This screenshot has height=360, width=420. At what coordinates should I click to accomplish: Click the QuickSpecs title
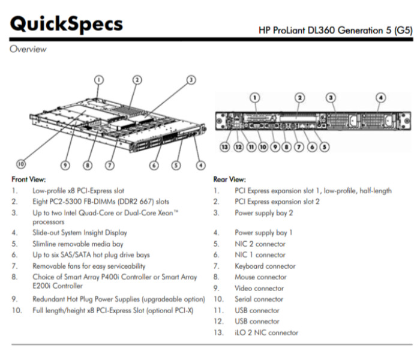[x=67, y=24]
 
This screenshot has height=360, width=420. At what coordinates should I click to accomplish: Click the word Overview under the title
[x=28, y=49]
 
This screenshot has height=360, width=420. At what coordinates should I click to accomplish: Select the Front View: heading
[x=29, y=179]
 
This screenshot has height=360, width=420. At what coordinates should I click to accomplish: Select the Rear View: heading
[x=229, y=179]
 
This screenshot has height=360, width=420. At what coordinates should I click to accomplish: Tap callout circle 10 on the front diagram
[x=22, y=162]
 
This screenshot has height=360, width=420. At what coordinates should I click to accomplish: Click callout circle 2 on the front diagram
[x=137, y=80]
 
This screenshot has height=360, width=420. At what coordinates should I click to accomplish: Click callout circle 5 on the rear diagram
[x=324, y=146]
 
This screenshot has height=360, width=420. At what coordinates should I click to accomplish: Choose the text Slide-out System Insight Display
[x=80, y=233]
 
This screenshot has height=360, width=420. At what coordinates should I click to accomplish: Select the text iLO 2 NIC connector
[x=266, y=332]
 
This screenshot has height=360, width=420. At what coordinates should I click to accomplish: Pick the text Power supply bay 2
[x=264, y=212]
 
